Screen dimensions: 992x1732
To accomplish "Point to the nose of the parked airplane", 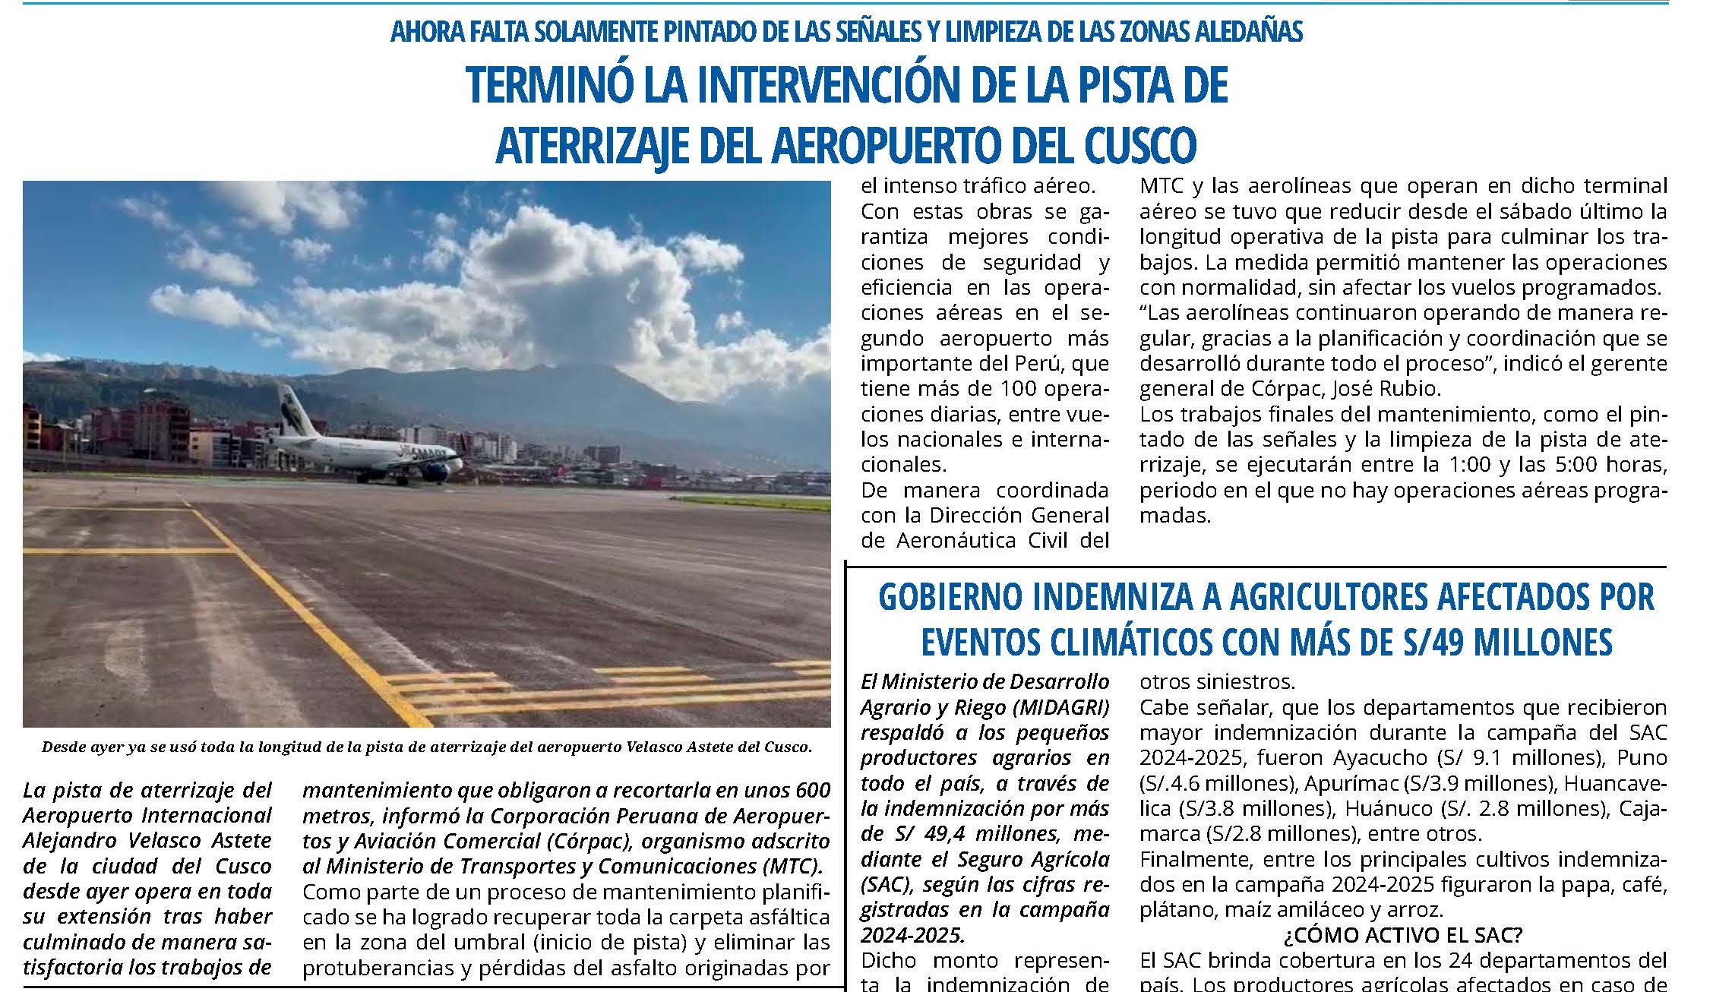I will tap(460, 458).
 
